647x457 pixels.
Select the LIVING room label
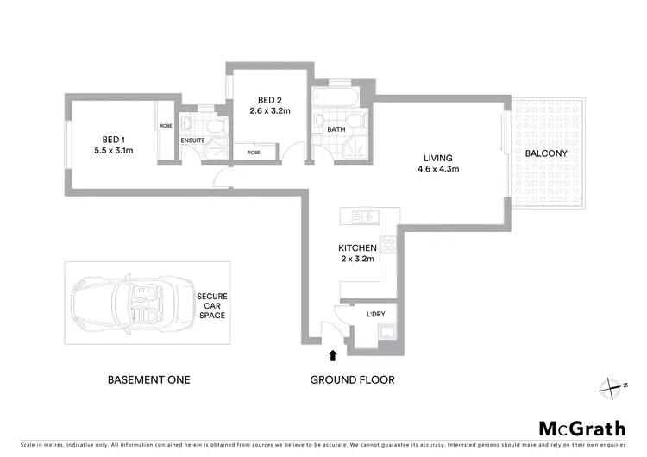(x=439, y=157)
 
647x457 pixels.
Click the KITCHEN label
(x=357, y=248)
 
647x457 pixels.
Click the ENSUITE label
(x=192, y=141)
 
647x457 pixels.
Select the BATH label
(x=336, y=130)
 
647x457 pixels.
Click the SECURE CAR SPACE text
(x=211, y=305)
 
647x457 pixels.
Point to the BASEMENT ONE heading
(x=148, y=379)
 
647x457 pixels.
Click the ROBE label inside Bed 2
(x=254, y=153)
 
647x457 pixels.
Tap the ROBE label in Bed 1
(x=165, y=127)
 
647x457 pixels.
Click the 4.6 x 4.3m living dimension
(x=439, y=169)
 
